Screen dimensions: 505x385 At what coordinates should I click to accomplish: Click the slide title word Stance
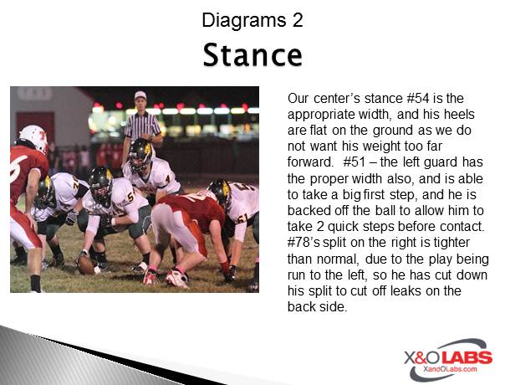coord(252,55)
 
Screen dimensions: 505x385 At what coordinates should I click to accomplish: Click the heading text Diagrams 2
coord(252,20)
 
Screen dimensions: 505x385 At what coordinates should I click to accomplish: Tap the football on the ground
coord(86,264)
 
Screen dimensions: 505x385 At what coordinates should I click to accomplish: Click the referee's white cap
coord(140,95)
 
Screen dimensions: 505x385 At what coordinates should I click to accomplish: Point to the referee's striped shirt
coord(142,125)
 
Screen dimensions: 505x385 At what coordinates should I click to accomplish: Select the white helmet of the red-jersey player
coord(33,138)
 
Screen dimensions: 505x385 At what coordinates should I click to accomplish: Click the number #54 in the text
coord(418,99)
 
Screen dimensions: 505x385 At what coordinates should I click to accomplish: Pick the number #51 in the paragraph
coord(355,162)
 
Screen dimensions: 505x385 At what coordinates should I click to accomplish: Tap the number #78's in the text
coord(304,243)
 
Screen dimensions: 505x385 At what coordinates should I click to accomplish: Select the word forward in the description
coord(309,162)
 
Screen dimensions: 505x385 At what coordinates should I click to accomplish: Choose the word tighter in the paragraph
coord(451,243)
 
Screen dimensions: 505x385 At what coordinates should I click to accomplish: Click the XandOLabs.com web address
coord(450,369)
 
